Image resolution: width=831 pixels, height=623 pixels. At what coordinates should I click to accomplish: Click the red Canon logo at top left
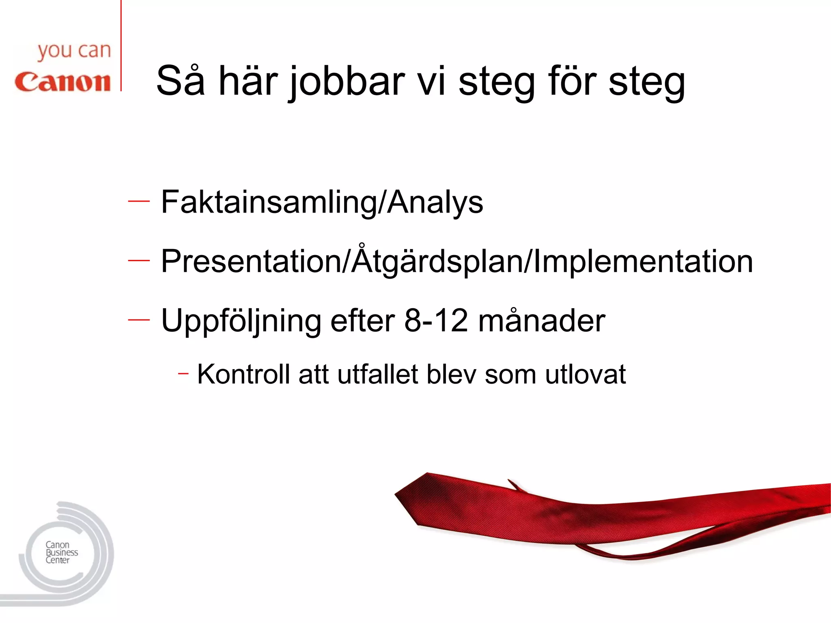62,82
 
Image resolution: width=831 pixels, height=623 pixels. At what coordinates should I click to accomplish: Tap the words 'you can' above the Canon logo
74,52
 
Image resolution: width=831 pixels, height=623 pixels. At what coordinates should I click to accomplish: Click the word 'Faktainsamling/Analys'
322,202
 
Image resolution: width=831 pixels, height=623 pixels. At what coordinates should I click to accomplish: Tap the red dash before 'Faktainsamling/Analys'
139,201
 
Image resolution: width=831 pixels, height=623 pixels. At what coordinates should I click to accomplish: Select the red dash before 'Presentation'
139,260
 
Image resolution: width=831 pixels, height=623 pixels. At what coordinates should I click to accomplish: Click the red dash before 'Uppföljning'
139,320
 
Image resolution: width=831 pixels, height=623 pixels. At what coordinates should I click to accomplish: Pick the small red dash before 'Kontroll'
183,373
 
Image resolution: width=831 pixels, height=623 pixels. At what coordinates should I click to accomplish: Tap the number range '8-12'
436,320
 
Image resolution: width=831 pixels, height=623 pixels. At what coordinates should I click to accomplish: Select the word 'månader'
542,320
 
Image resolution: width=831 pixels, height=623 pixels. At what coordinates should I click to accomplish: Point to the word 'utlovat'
585,374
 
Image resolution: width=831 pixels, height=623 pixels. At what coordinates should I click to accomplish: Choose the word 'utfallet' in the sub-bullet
377,374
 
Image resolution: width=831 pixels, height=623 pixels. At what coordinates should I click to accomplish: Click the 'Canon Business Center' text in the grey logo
61,552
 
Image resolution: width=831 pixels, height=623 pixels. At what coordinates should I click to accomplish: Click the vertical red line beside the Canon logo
121,45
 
